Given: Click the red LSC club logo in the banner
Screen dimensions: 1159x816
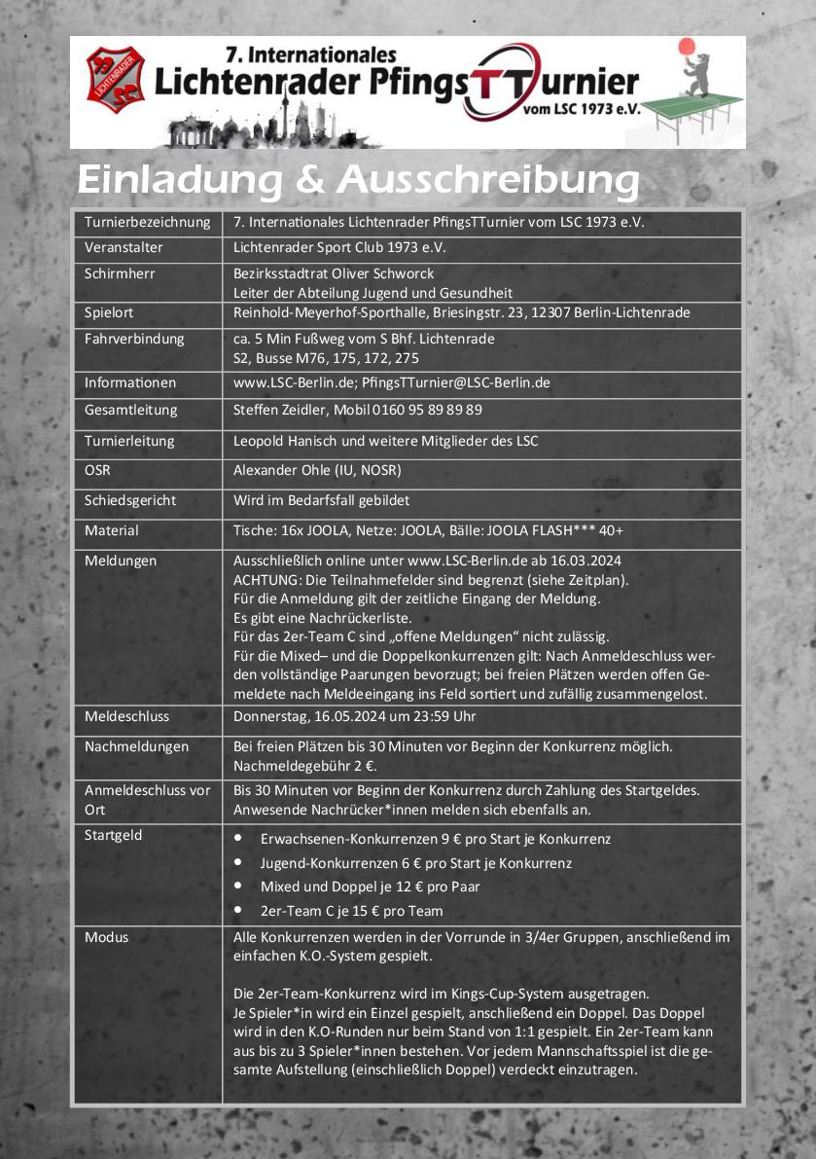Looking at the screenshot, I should click(115, 81).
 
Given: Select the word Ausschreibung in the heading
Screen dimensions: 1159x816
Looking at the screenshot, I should click(488, 182).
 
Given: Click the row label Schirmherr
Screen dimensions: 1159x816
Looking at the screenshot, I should click(120, 273).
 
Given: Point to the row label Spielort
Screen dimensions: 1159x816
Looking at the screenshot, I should click(109, 312).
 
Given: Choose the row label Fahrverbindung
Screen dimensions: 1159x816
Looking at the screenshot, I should click(134, 339).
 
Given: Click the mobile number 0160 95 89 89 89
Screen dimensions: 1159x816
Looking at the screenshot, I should click(427, 410).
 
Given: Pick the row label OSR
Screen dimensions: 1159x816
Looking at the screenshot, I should click(97, 470).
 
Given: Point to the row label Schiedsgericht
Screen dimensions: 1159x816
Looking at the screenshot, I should click(130, 500).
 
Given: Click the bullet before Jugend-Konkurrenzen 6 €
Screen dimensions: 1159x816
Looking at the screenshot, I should click(239, 863).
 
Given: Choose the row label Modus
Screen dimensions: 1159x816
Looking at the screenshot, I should click(106, 937).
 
